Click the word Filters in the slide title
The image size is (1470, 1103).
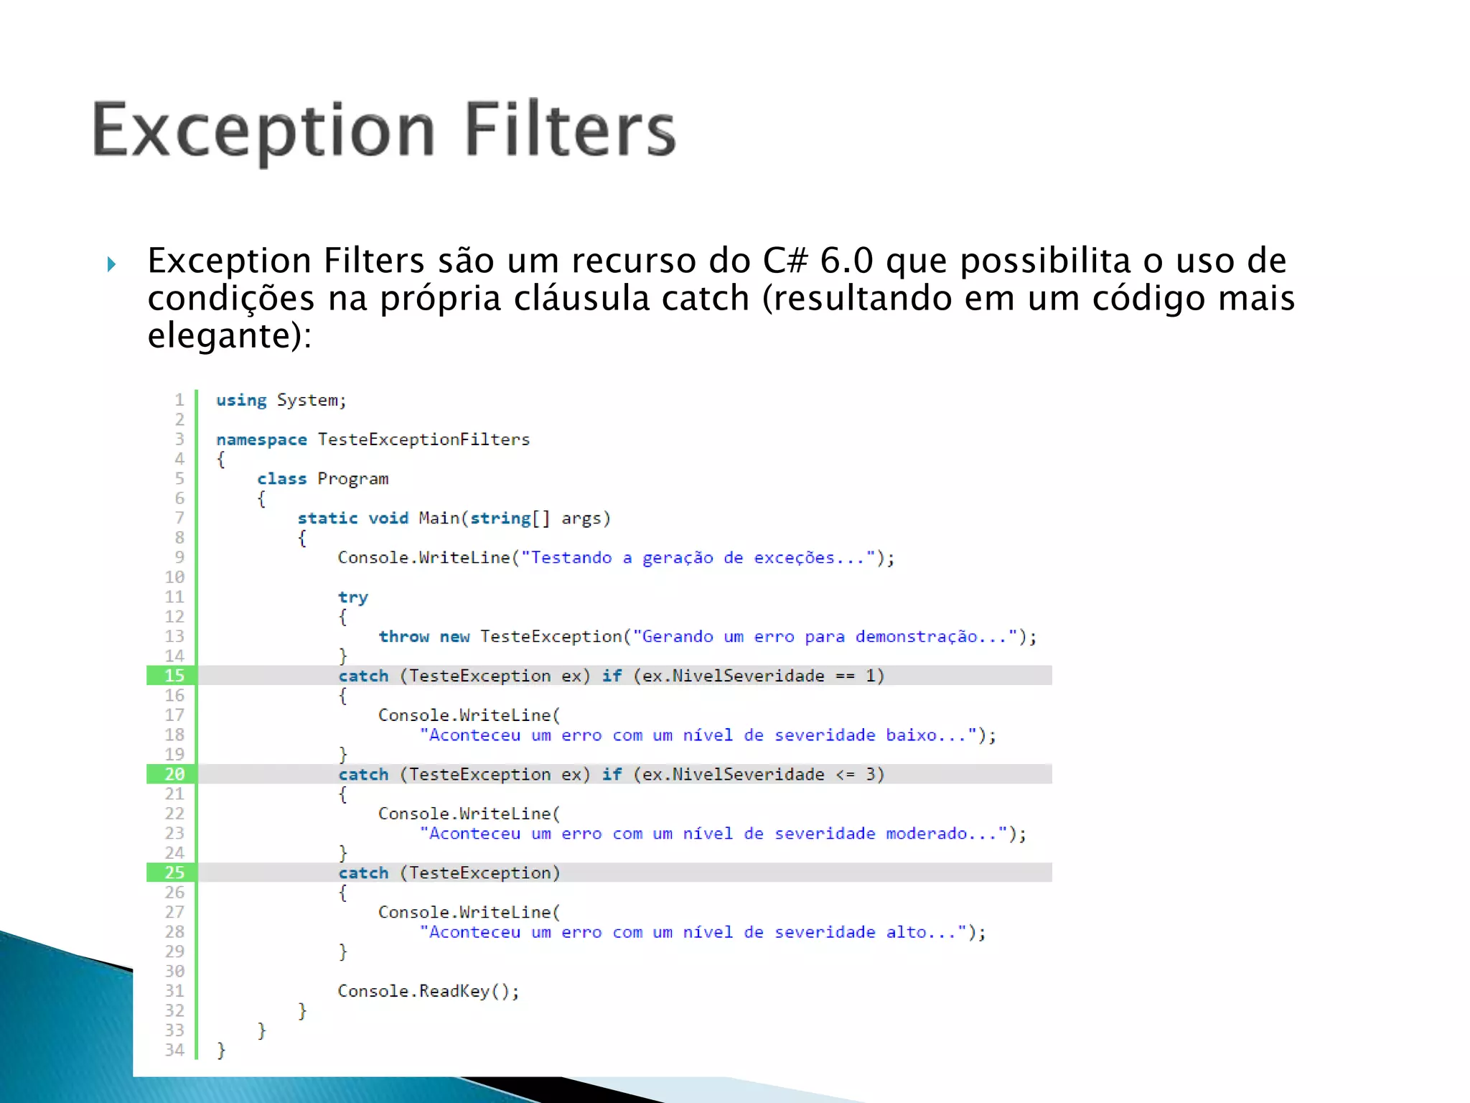point(570,130)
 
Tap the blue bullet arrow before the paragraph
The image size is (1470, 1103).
point(111,264)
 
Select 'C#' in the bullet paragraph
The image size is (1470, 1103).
point(785,261)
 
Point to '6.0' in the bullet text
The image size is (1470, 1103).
point(846,261)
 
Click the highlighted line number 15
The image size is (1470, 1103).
point(174,676)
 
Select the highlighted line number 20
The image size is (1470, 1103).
point(174,774)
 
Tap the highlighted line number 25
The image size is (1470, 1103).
point(174,872)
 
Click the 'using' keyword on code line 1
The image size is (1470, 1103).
point(241,400)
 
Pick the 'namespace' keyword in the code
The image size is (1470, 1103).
point(261,439)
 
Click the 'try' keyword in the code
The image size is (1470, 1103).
point(352,597)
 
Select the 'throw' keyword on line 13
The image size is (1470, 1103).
point(403,637)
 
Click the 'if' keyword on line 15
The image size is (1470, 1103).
point(612,676)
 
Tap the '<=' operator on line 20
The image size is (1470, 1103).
point(846,774)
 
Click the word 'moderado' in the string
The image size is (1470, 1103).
point(927,834)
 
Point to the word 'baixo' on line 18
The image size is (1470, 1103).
point(911,735)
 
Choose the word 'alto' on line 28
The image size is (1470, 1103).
point(906,932)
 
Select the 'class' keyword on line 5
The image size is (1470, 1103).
point(281,479)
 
